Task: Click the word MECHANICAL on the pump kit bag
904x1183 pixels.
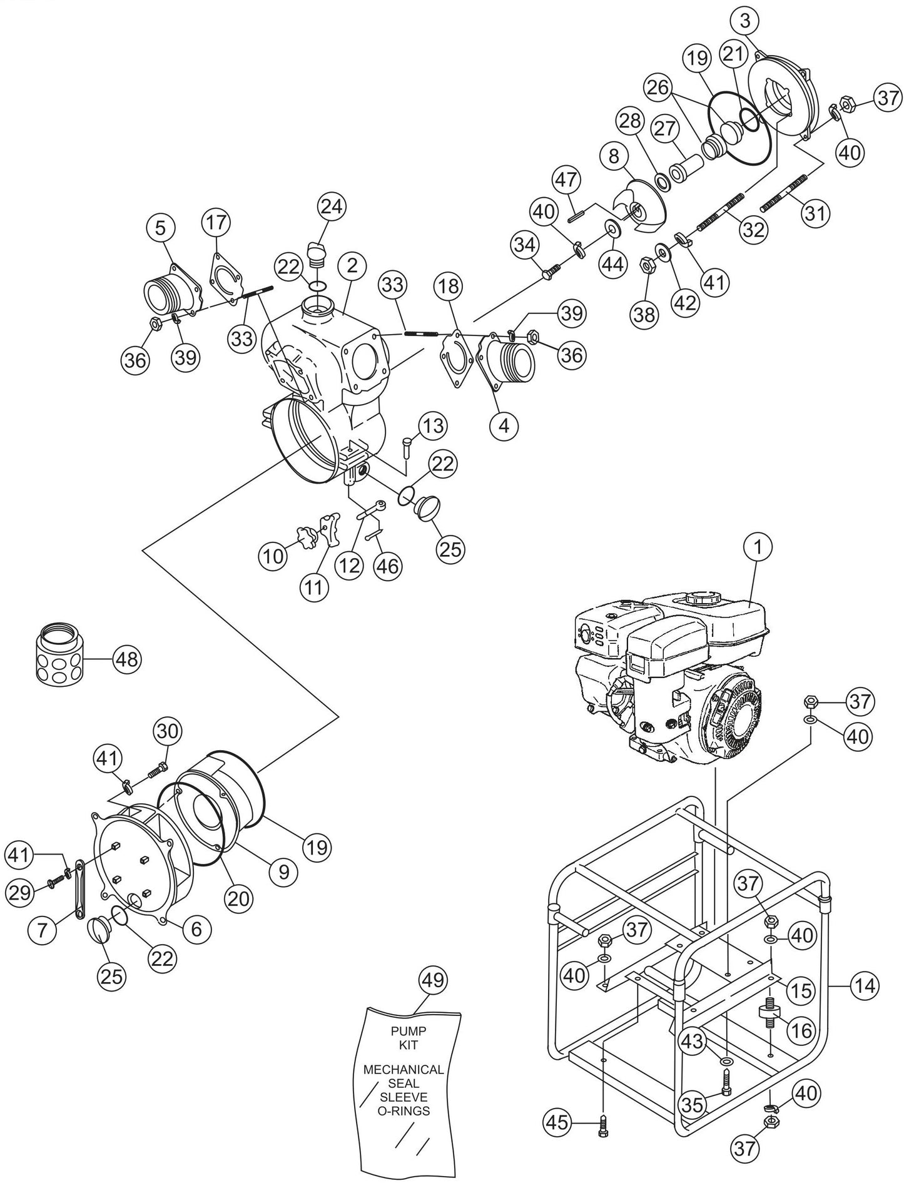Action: tap(404, 1069)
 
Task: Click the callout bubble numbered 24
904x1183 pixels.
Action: tap(332, 206)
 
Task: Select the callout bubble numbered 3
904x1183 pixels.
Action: tap(744, 21)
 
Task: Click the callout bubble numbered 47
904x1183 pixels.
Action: tap(566, 180)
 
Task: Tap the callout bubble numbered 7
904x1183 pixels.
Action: tap(43, 929)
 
